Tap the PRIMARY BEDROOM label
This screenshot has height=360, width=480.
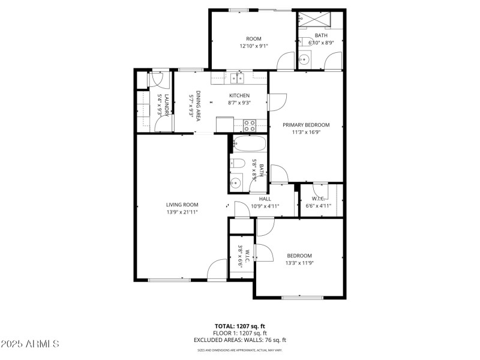pyautogui.click(x=307, y=125)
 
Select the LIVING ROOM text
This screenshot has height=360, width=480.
pyautogui.click(x=182, y=205)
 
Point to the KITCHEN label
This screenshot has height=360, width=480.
pyautogui.click(x=239, y=95)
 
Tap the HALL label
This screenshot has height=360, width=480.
pyautogui.click(x=265, y=199)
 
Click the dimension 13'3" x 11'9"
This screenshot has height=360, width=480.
pyautogui.click(x=299, y=263)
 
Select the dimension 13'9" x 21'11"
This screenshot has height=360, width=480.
pyautogui.click(x=182, y=212)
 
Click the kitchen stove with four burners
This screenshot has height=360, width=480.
pyautogui.click(x=250, y=125)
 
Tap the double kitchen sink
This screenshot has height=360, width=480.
pyautogui.click(x=237, y=77)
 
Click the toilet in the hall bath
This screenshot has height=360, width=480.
pyautogui.click(x=236, y=163)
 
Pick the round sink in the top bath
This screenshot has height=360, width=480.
pyautogui.click(x=304, y=59)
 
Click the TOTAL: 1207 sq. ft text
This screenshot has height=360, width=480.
pyautogui.click(x=239, y=326)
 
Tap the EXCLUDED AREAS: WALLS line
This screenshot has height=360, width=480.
pyautogui.click(x=239, y=340)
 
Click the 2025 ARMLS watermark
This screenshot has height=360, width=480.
pyautogui.click(x=30, y=344)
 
